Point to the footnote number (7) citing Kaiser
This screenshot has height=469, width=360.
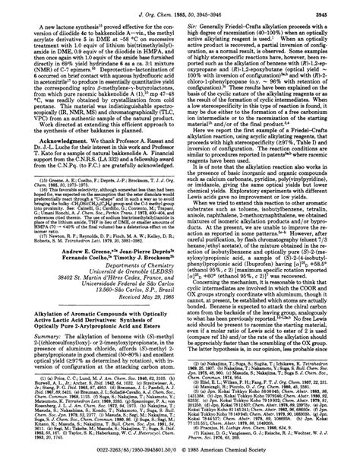point(193,448)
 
